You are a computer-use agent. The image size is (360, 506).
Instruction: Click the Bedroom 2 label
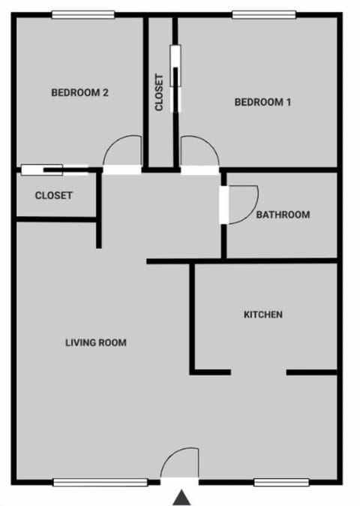pos(80,93)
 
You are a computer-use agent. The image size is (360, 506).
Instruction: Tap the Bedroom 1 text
pos(262,102)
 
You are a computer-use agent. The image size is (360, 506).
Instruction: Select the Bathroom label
pos(283,215)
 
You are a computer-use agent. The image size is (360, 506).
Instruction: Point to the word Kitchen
pos(263,315)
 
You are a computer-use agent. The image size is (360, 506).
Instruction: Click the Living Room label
pos(96,343)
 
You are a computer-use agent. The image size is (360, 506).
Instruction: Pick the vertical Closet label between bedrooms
pos(159,92)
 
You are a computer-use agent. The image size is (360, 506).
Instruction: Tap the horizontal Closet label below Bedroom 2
pos(54,196)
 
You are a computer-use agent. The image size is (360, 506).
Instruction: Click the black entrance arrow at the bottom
pos(181,497)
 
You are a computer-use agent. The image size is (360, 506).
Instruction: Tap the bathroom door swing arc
pos(242,204)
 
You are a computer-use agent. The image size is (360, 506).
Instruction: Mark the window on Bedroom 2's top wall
pos(82,14)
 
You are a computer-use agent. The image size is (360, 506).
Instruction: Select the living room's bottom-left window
pos(100,482)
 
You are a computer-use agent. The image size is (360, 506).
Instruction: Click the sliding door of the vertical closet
pos(175,78)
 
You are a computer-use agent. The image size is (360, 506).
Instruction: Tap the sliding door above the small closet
pos(52,170)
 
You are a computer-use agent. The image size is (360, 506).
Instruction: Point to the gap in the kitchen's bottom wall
pos(258,372)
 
